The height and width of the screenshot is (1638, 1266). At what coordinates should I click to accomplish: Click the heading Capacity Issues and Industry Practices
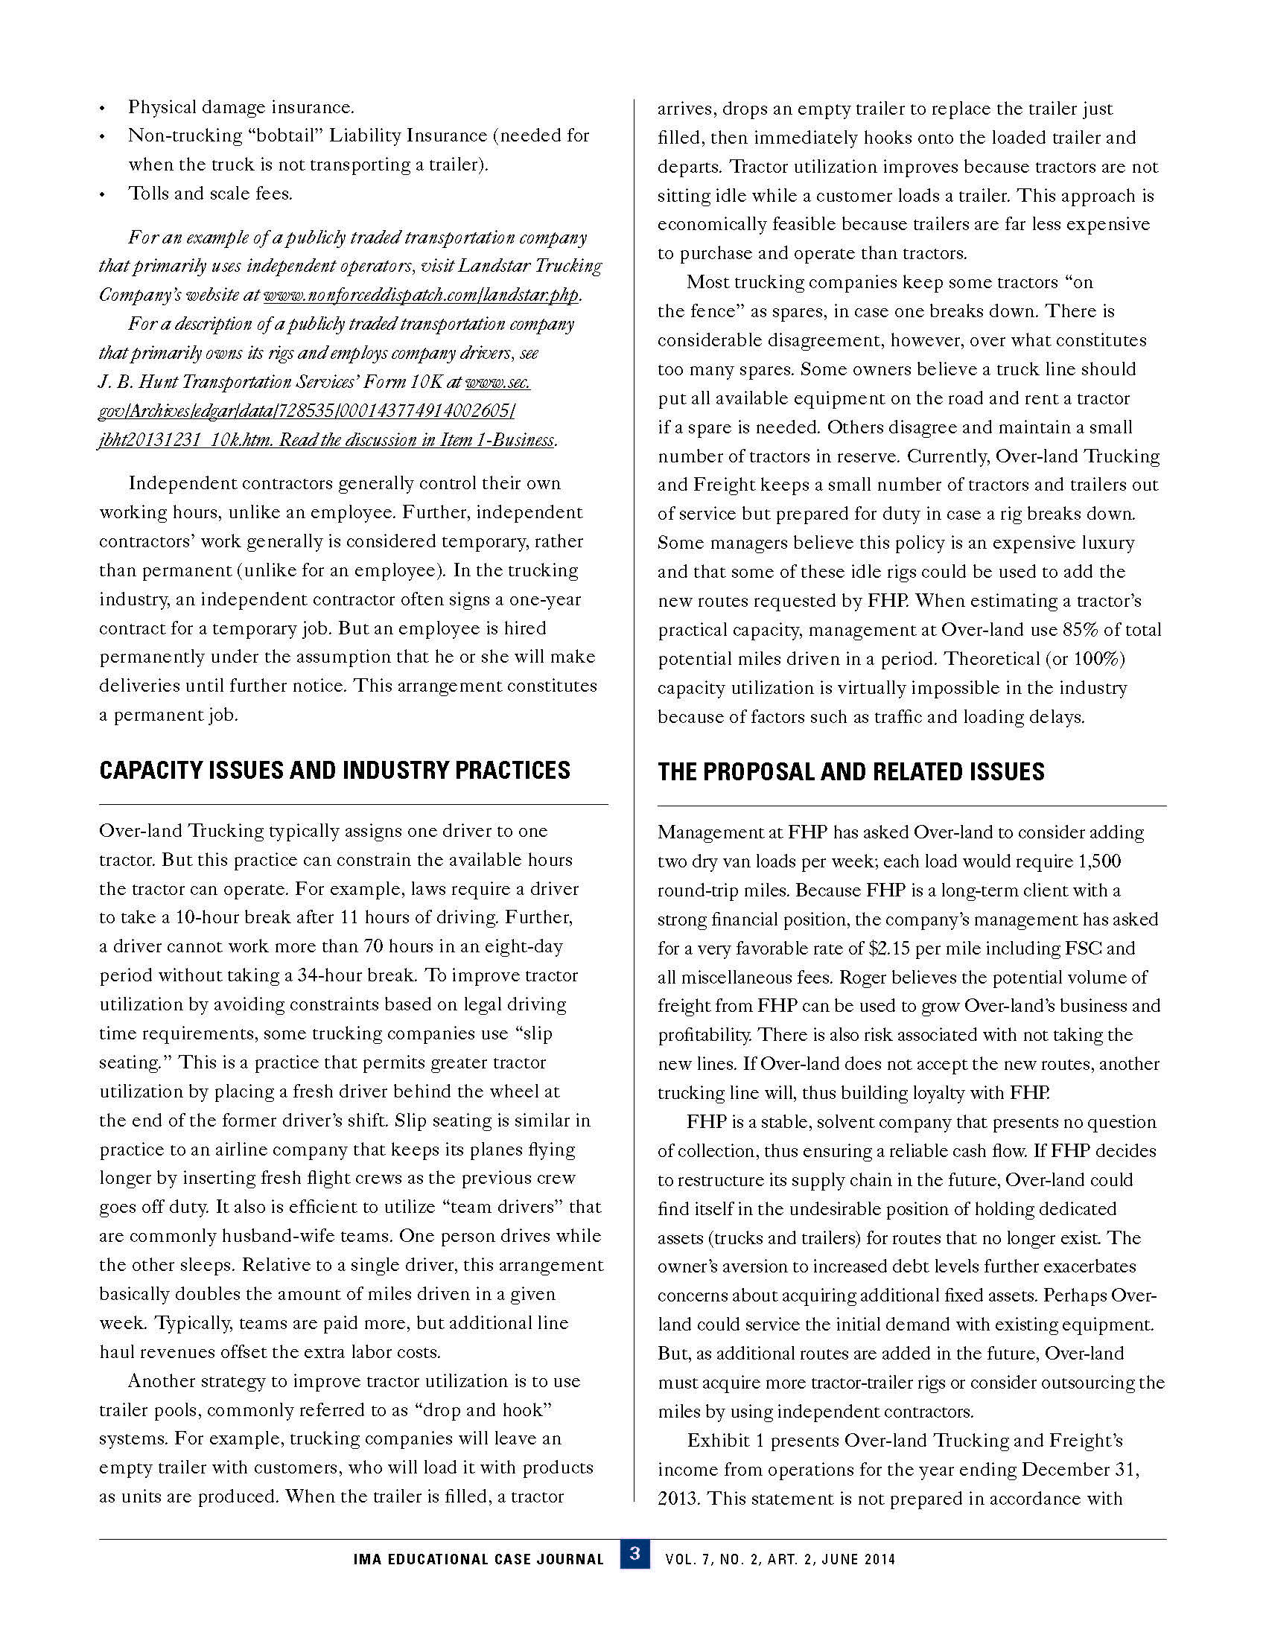[x=334, y=771]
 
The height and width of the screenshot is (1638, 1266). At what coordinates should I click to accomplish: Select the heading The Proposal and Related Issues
[x=850, y=772]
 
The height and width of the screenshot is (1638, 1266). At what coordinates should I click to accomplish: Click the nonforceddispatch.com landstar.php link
[x=422, y=295]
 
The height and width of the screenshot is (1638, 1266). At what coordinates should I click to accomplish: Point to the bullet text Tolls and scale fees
[x=210, y=194]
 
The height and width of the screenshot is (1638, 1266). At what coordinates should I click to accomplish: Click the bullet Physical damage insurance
[x=241, y=107]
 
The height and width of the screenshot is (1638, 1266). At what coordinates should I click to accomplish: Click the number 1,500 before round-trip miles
[x=1098, y=861]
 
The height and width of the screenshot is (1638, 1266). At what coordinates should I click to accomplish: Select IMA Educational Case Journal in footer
[x=479, y=1559]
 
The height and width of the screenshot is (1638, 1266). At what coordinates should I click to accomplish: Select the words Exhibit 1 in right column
[x=725, y=1440]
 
